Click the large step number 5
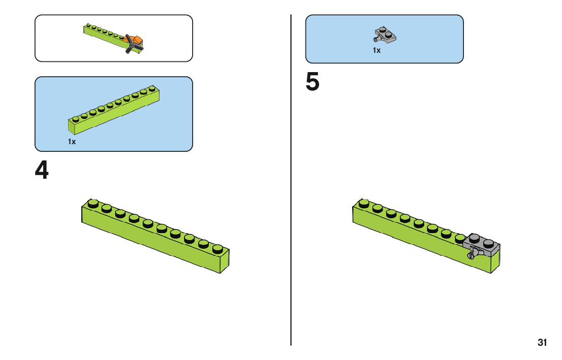click(x=312, y=82)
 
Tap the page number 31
click(x=542, y=342)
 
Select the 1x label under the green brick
click(x=72, y=142)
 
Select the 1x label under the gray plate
click(x=377, y=50)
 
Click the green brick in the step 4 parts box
click(x=114, y=110)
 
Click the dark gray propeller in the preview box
click(x=132, y=44)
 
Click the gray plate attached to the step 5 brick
click(x=482, y=245)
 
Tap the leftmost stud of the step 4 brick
click(x=93, y=204)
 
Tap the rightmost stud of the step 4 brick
click(x=217, y=248)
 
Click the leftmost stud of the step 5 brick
click(x=364, y=204)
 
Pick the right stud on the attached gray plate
click(x=488, y=243)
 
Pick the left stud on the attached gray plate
click(x=474, y=238)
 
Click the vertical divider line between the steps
click(x=291, y=180)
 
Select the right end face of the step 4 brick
click(x=225, y=261)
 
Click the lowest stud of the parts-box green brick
click(x=76, y=119)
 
